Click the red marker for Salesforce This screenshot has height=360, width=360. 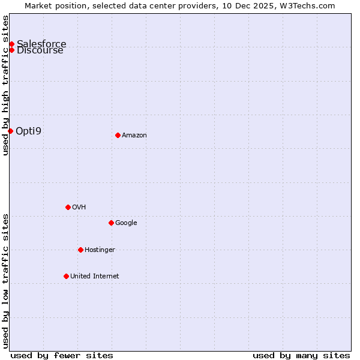point(11,44)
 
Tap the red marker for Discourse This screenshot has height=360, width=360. point(11,50)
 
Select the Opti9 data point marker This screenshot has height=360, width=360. point(10,131)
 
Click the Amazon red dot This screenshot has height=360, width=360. point(118,135)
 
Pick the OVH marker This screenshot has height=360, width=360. point(68,207)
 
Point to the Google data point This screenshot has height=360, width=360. point(111,223)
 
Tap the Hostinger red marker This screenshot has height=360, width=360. point(80,250)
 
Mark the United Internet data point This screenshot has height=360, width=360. point(66,276)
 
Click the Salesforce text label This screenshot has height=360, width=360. point(41,44)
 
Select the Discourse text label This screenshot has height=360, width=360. point(40,50)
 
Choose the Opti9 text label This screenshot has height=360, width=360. point(28,131)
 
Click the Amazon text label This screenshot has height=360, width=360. point(134,135)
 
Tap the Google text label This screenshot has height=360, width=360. point(126,223)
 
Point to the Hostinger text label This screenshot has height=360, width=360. point(100,250)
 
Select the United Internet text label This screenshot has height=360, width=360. point(95,276)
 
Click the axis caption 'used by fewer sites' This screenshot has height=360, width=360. point(62,355)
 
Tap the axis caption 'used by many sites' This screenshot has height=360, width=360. point(301,355)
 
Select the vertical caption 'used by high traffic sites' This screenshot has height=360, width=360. point(5,85)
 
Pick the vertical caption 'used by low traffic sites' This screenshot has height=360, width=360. point(5,281)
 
